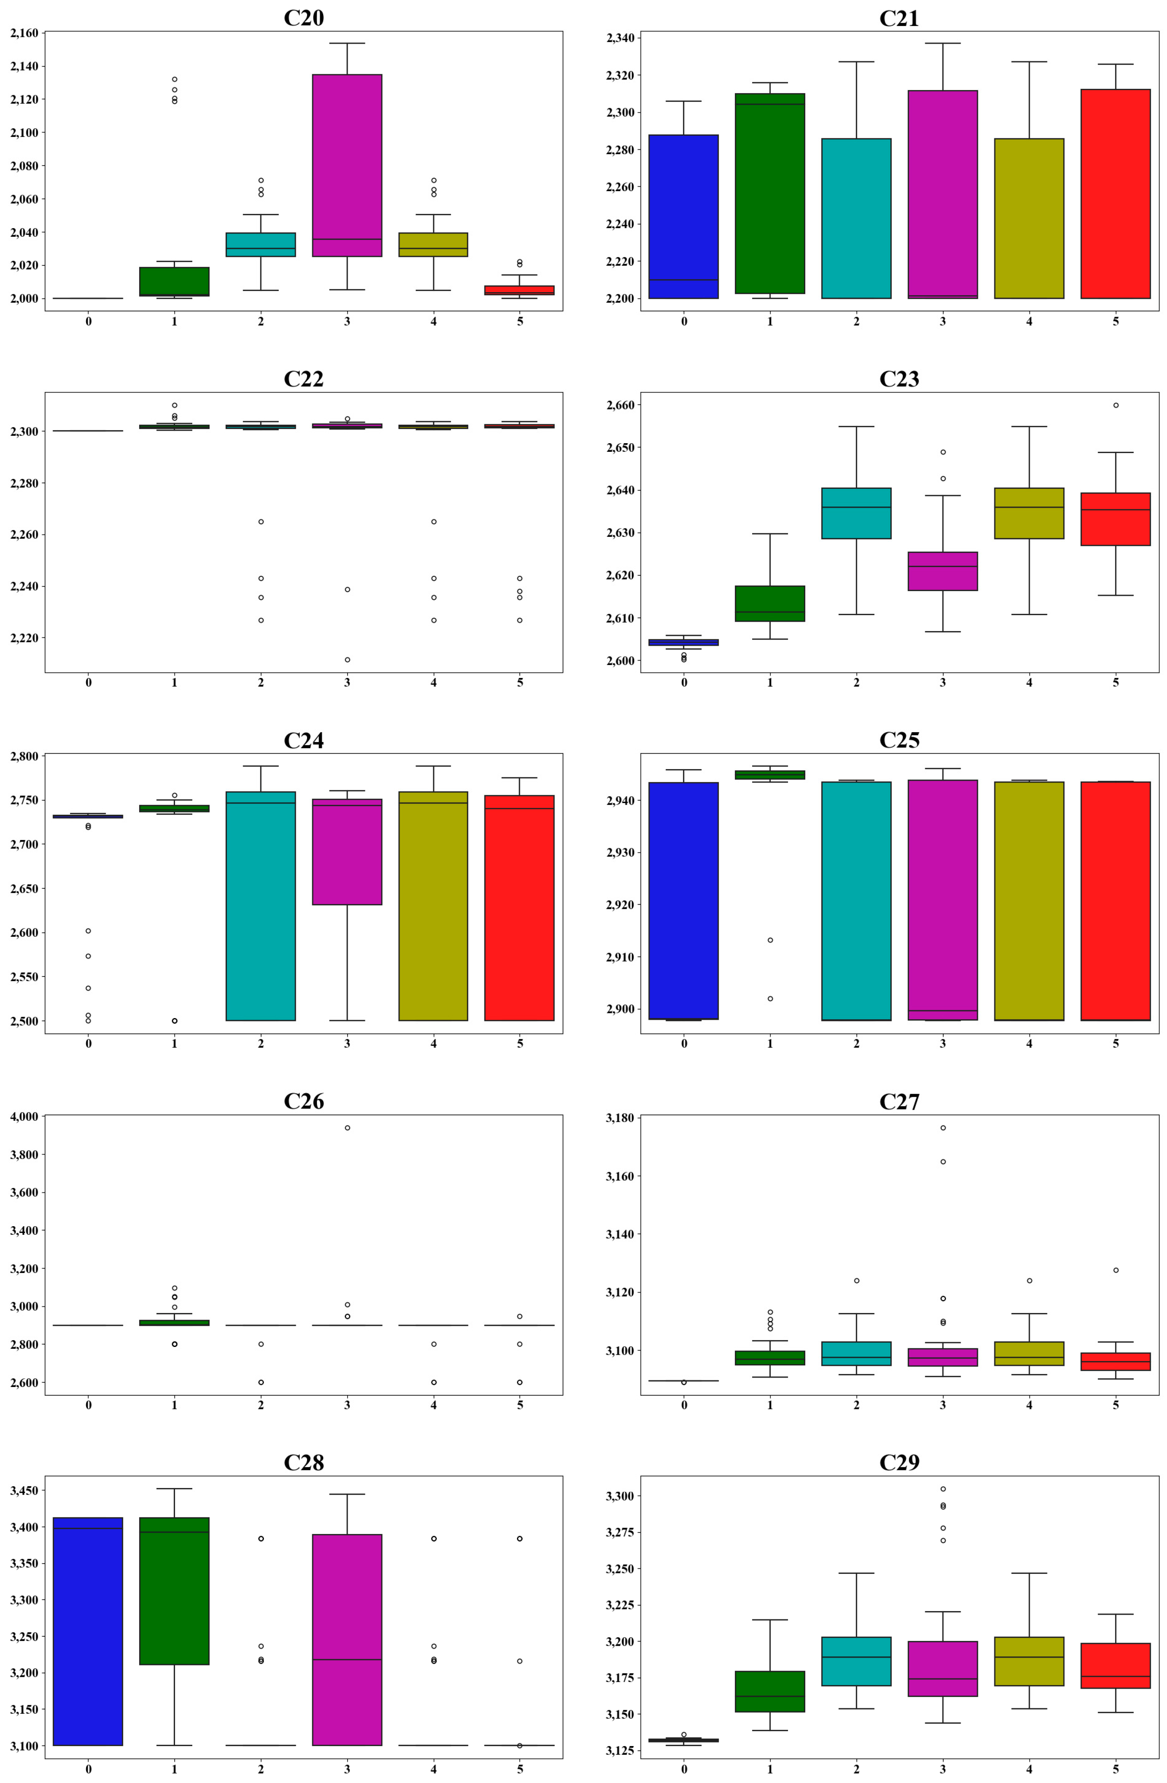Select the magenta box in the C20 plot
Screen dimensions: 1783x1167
coord(347,165)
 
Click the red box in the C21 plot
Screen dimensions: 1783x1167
coord(1115,193)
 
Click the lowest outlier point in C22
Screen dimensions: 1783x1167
coord(347,659)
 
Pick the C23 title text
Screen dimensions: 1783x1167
coord(899,379)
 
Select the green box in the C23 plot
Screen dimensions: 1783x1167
coord(770,603)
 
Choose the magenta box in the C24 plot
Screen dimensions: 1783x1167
coord(347,852)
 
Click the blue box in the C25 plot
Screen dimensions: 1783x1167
coord(684,901)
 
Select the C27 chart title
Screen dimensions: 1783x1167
coord(899,1101)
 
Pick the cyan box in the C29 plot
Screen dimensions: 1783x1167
coord(856,1661)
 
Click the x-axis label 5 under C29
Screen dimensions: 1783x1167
coord(1115,1769)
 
